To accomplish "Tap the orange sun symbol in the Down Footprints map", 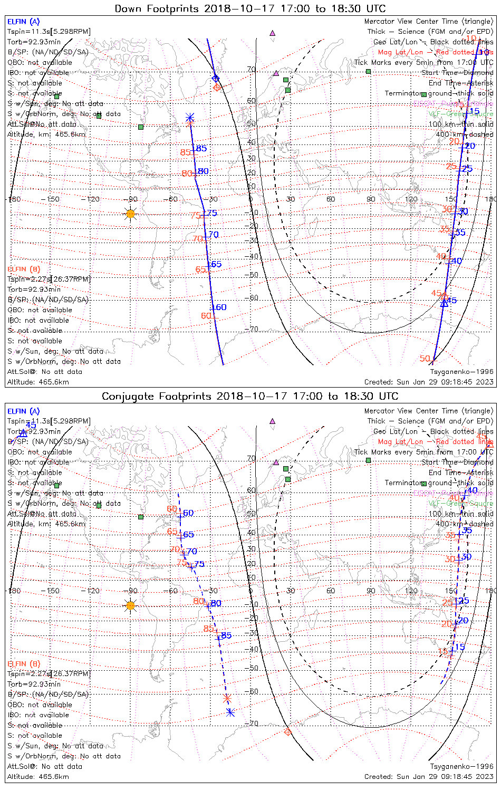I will [131, 214].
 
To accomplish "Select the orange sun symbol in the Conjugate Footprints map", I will [131, 605].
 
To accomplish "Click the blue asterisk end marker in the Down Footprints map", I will [190, 118].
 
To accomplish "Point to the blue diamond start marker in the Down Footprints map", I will [215, 79].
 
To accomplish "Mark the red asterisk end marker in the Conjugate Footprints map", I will [227, 699].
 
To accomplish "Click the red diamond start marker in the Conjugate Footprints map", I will [287, 731].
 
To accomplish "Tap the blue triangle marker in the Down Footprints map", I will [444, 303].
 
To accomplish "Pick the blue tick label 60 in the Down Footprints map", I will [219, 307].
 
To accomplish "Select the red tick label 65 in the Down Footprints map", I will [201, 269].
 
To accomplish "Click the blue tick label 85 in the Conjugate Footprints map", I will [226, 635].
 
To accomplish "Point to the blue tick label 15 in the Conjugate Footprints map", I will [460, 647].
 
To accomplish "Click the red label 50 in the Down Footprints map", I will [425, 359].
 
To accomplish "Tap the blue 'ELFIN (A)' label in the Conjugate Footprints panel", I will [24, 411].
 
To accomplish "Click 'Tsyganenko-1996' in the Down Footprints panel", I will [462, 372].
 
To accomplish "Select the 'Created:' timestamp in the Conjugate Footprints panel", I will [429, 777].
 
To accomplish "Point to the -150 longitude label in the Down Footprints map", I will [53, 199].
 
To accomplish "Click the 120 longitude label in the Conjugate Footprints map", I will [411, 591].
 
